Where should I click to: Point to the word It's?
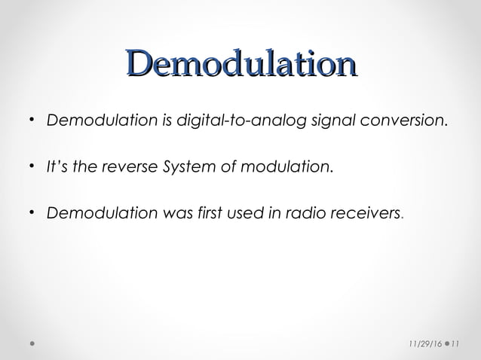point(58,166)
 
